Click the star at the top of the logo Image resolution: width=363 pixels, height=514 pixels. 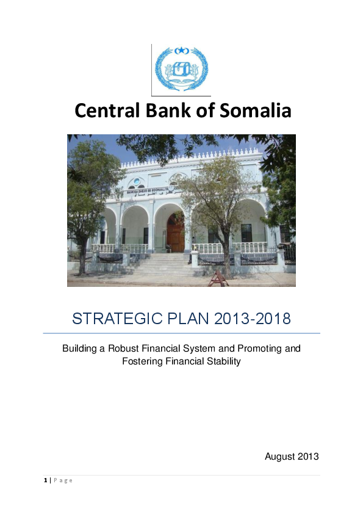181,49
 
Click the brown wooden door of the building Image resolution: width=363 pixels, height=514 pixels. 176,233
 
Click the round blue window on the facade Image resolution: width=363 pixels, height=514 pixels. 137,183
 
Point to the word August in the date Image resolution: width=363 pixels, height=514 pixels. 279,456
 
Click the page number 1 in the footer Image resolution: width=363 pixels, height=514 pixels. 45,480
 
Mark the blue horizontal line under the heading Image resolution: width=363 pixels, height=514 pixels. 181,333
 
